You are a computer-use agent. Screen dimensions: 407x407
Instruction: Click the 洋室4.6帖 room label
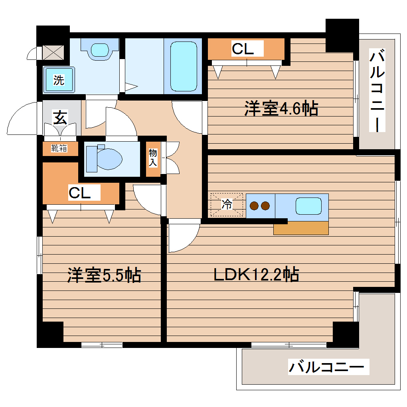[281, 109]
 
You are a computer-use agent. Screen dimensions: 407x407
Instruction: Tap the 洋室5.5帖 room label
[104, 275]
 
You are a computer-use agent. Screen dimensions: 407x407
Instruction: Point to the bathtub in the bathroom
[184, 66]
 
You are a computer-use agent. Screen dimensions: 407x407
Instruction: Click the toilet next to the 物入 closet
[105, 159]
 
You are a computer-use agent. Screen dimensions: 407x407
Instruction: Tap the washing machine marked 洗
[59, 80]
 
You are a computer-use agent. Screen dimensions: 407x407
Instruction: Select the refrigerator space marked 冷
[227, 205]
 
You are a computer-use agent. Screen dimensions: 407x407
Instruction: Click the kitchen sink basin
[308, 206]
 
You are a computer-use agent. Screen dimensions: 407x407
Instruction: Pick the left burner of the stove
[254, 206]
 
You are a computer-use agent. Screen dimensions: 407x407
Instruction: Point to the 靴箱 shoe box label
[59, 148]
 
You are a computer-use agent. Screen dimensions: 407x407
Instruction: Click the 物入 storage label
[153, 158]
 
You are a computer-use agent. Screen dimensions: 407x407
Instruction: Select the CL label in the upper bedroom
[243, 49]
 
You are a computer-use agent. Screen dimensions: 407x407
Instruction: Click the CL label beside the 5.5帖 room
[79, 193]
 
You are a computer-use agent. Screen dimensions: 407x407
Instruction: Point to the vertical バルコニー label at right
[377, 91]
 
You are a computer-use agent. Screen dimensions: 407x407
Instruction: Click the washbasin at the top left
[100, 49]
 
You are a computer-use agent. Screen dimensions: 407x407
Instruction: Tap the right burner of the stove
[265, 206]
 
